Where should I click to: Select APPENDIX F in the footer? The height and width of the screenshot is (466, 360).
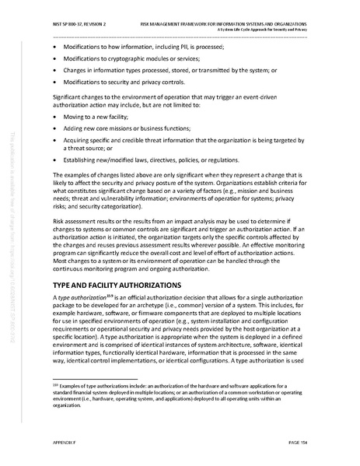tap(65, 443)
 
